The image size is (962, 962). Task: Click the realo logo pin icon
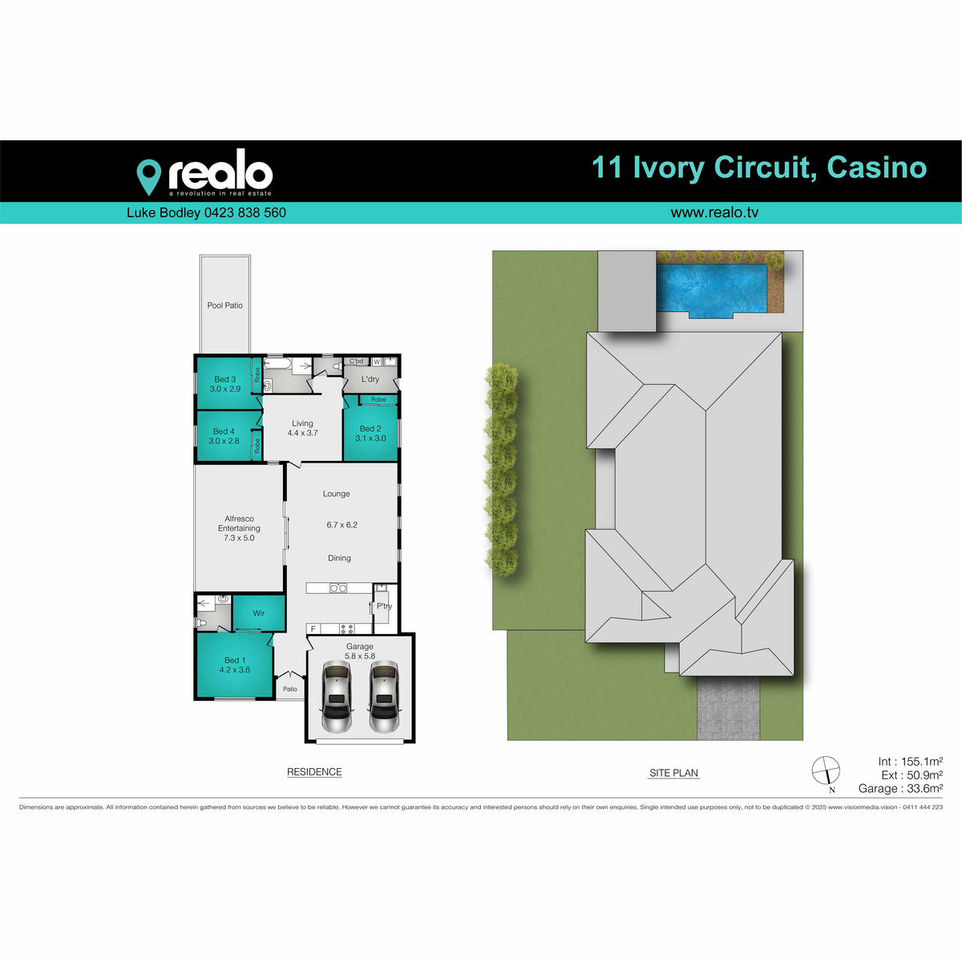click(148, 176)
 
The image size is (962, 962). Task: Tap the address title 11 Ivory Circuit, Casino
click(758, 168)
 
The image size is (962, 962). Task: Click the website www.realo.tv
click(713, 213)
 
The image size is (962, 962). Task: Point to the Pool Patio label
click(224, 305)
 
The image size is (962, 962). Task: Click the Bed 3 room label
click(224, 384)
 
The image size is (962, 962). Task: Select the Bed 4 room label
click(224, 436)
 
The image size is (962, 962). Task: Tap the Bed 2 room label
click(370, 434)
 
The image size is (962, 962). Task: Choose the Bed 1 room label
click(234, 665)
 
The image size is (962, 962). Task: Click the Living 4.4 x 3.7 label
click(302, 428)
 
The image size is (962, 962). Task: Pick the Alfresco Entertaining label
click(239, 528)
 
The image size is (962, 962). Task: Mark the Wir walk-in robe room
click(258, 613)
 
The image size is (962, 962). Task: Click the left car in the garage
click(336, 697)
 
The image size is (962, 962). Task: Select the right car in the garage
click(384, 697)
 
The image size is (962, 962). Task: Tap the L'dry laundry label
click(370, 379)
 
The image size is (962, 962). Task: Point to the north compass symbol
click(826, 771)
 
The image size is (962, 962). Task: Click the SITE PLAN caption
click(673, 773)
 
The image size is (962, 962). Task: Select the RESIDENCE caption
click(314, 772)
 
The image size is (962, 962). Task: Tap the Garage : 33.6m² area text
click(899, 789)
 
